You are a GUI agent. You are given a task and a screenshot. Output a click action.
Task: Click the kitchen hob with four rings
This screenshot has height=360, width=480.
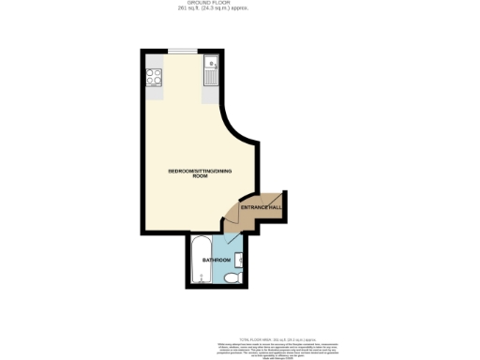pos(155,76)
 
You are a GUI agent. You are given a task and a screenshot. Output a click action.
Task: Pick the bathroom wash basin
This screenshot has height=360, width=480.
pos(240,258)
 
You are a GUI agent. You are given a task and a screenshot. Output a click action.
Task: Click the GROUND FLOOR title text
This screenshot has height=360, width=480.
pos(240,4)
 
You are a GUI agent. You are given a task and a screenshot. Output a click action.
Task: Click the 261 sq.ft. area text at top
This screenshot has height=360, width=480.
pos(240,9)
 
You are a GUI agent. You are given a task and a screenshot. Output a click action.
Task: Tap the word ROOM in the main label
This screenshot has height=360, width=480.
pos(199,176)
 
